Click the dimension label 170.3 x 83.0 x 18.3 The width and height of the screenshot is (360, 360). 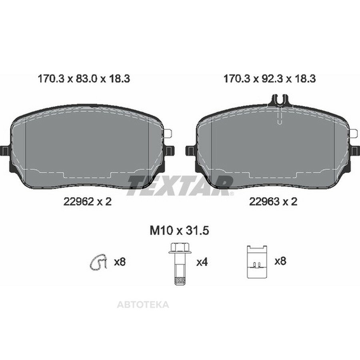tap(84, 79)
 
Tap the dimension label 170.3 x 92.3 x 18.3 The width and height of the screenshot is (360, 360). tap(270, 79)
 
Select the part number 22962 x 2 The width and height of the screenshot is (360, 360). tap(88, 202)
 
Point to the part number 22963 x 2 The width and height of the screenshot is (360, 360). tap(273, 202)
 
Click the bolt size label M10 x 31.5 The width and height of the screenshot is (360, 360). tap(179, 230)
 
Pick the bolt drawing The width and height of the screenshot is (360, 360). tap(180, 264)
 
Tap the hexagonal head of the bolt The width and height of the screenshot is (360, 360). tap(180, 248)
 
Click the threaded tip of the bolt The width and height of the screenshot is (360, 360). tap(180, 281)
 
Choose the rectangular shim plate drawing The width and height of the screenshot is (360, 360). tap(257, 262)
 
